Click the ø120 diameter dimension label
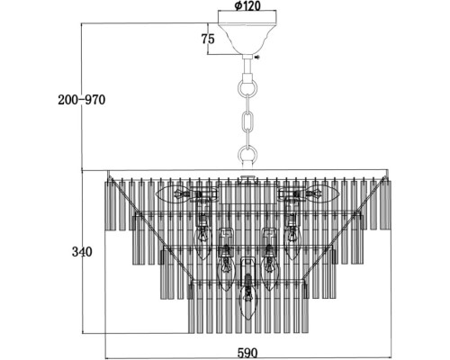tap(247, 5)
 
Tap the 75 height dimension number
tap(208, 39)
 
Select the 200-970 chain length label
tap(82, 100)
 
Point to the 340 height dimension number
tap(82, 252)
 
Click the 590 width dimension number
tap(247, 353)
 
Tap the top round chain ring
tap(247, 86)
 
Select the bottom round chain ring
tap(247, 155)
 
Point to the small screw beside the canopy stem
tap(257, 57)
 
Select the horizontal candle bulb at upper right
tap(319, 193)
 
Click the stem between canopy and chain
tap(247, 67)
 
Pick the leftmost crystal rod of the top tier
tap(106, 205)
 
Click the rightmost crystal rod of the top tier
tap(388, 205)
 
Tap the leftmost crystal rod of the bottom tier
tap(191, 309)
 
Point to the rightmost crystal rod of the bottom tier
tap(305, 309)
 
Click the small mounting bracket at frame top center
tap(247, 179)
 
